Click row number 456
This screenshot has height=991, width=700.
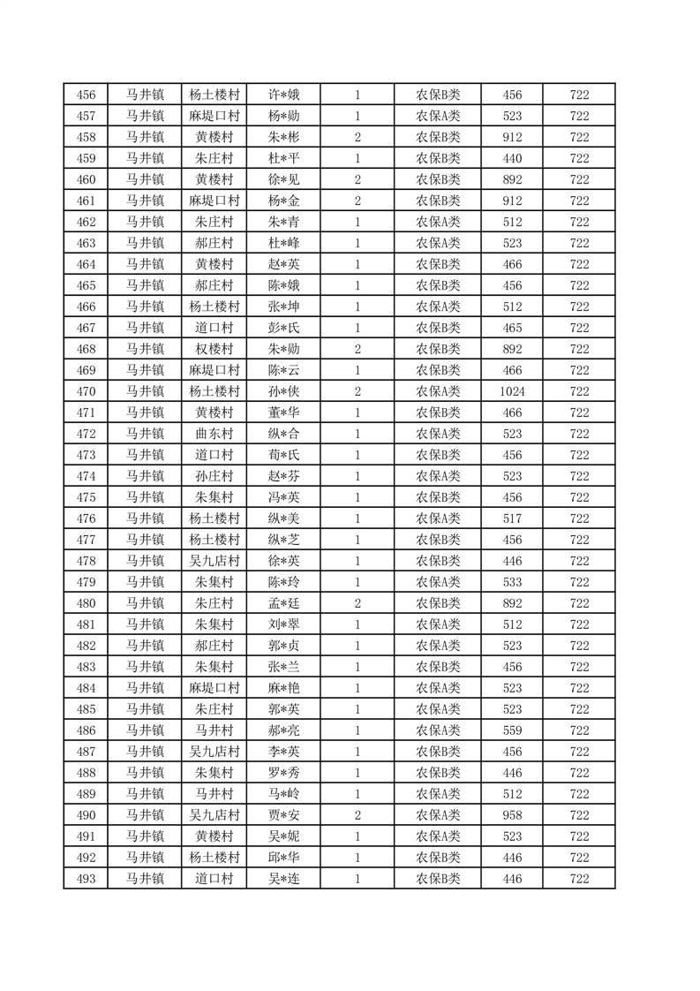coord(86,95)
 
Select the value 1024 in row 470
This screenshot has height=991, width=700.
coord(512,391)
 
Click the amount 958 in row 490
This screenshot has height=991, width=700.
coord(512,815)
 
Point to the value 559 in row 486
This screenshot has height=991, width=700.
coord(512,730)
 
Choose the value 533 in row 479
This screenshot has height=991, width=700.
coord(512,582)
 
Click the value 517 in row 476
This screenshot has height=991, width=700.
coord(512,518)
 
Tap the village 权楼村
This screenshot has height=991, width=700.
coord(215,349)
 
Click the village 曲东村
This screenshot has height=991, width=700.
coord(215,434)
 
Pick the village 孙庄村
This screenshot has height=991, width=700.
coord(215,476)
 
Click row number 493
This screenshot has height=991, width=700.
coord(86,879)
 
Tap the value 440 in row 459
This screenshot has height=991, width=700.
coord(512,158)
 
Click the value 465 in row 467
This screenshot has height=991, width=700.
coord(512,328)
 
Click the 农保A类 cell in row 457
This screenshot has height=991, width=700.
coord(438,116)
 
